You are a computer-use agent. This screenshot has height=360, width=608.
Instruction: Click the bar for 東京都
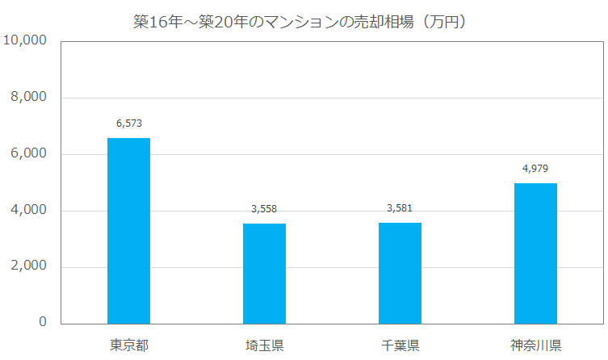[x=128, y=231]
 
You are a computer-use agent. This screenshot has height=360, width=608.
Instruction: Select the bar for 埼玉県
[x=264, y=274]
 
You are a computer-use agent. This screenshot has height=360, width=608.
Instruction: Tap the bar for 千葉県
[x=400, y=273]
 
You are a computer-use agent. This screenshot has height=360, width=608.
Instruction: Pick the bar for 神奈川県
[x=535, y=253]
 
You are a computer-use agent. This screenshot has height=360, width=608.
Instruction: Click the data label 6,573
[x=128, y=123]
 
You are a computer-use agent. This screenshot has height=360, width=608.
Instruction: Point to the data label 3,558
[x=264, y=208]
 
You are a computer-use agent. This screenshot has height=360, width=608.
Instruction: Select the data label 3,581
[x=400, y=207]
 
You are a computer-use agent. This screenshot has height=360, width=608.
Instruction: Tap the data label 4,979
[x=535, y=168]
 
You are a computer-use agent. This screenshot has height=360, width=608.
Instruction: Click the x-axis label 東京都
[x=128, y=346]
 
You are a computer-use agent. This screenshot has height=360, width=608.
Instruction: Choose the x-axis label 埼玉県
[x=264, y=346]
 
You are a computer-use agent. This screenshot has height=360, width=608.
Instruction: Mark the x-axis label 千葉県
[x=400, y=346]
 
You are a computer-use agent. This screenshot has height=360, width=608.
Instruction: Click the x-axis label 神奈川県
[x=535, y=346]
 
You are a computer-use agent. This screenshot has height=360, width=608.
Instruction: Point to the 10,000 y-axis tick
[x=25, y=41]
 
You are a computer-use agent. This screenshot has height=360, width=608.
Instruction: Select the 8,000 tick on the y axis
[x=28, y=98]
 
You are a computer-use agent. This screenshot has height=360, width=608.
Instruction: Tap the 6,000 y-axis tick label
[x=28, y=154]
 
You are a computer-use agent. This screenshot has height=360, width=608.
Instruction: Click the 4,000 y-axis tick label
[x=28, y=211]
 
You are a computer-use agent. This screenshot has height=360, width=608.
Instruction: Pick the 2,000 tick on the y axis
[x=28, y=267]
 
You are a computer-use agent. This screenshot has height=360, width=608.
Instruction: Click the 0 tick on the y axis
[x=43, y=323]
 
